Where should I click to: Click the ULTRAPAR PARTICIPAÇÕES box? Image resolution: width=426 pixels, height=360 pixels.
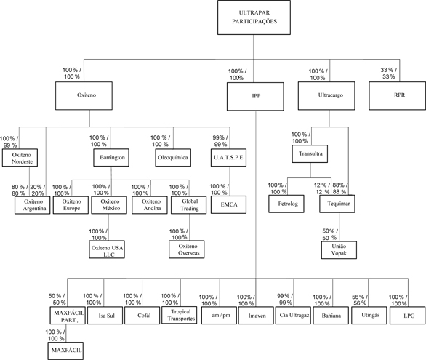(254, 17)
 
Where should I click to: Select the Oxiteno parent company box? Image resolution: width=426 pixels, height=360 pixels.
(84, 96)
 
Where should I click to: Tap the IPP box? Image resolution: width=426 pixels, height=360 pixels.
(255, 97)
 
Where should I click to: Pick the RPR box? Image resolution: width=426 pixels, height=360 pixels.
(397, 96)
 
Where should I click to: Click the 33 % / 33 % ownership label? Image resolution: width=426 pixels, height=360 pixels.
(388, 73)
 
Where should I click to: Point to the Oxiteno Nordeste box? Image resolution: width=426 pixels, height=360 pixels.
(20, 158)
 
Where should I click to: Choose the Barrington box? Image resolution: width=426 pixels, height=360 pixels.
(111, 158)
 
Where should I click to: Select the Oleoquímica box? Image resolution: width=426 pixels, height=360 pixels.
(173, 158)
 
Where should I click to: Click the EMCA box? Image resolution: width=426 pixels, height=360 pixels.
(228, 204)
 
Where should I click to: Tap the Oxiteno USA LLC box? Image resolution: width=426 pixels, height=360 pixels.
(107, 249)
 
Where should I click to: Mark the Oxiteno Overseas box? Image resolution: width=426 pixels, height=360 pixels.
(186, 249)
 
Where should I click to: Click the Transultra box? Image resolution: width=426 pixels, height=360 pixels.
(310, 153)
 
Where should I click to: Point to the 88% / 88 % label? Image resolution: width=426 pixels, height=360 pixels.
(339, 188)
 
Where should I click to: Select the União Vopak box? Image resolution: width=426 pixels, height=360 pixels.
(339, 250)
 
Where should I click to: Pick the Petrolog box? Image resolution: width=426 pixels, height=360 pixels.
(286, 204)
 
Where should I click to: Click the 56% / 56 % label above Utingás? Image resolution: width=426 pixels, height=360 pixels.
(360, 300)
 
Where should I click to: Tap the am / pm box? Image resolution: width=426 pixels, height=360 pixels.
(219, 316)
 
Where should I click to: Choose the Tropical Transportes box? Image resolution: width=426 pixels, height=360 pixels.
(180, 315)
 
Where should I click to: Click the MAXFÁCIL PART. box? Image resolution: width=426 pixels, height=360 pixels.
(68, 316)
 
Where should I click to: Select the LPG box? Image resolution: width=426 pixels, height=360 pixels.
(408, 316)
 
